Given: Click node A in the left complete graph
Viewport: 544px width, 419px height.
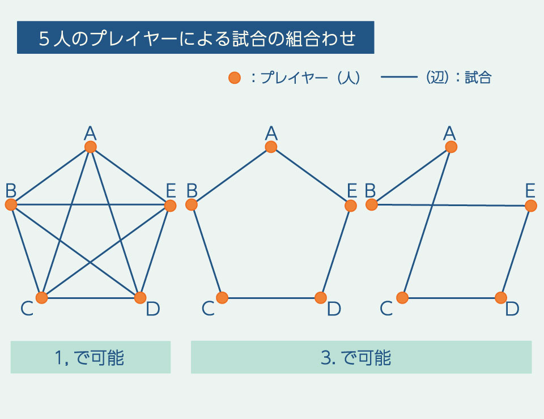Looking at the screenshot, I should tap(90, 147).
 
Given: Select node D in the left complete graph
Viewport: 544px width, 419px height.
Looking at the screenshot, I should tap(139, 297).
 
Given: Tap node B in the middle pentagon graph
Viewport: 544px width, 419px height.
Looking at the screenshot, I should tap(192, 205).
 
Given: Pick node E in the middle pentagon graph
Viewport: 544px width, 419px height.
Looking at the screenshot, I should tap(351, 206).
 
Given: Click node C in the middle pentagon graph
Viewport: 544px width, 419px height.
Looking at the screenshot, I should tap(222, 297).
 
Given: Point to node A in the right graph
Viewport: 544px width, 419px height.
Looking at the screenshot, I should tap(451, 147).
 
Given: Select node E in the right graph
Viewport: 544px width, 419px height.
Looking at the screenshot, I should tap(531, 206).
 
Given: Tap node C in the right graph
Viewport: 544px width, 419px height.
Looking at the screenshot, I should tap(402, 297).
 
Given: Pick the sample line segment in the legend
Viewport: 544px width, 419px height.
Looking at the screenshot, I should tap(399, 78).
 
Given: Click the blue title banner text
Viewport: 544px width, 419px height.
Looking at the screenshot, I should tap(195, 38).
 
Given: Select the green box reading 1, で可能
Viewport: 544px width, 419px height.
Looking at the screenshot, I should tap(91, 357).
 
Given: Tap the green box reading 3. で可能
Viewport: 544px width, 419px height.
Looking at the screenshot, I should tap(361, 357).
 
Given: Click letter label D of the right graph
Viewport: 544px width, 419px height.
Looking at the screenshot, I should tap(512, 309).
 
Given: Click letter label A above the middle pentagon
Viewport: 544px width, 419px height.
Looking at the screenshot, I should tap(271, 133).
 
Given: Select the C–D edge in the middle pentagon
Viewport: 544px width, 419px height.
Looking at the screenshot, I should tap(271, 297).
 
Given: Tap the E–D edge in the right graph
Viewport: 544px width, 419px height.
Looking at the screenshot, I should tap(516, 251).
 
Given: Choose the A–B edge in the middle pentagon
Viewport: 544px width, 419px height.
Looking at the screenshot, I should tap(231, 176).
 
